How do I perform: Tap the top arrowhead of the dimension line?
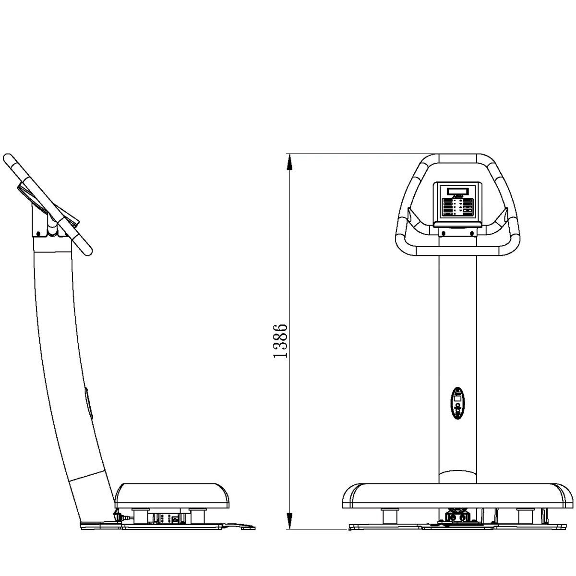[x=289, y=162]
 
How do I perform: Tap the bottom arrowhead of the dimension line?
[x=289, y=520]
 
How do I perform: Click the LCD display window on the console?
[x=457, y=191]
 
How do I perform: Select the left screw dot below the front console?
[x=444, y=233]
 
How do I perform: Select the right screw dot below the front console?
[x=472, y=233]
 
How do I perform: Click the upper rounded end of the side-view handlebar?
[x=8, y=159]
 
